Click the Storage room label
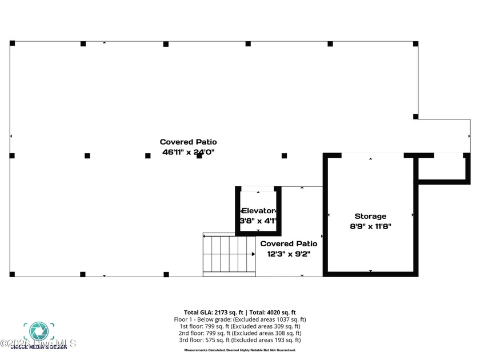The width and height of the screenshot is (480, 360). pyautogui.click(x=370, y=216)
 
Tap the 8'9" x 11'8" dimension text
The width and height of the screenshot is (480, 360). pyautogui.click(x=370, y=226)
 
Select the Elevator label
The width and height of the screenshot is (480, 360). pyautogui.click(x=258, y=210)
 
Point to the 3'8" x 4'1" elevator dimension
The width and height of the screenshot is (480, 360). pyautogui.click(x=258, y=221)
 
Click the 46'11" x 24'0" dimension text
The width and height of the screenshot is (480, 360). pyautogui.click(x=188, y=152)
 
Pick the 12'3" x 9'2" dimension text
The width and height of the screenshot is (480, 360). pyautogui.click(x=289, y=254)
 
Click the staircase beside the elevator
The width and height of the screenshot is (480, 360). pyautogui.click(x=229, y=255)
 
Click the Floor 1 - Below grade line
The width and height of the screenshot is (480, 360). pyautogui.click(x=240, y=319)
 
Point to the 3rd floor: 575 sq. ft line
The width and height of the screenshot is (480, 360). pyautogui.click(x=240, y=340)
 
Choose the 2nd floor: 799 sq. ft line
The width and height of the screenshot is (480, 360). pyautogui.click(x=240, y=333)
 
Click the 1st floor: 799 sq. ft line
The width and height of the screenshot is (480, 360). pyautogui.click(x=240, y=326)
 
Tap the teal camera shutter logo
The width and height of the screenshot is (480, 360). pyautogui.click(x=38, y=331)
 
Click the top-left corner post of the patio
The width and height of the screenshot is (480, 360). pyautogui.click(x=13, y=43)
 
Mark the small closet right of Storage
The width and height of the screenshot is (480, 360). pyautogui.click(x=444, y=168)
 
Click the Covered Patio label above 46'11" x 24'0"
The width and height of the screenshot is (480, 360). pyautogui.click(x=188, y=142)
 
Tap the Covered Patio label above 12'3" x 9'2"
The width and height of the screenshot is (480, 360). pyautogui.click(x=289, y=243)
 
